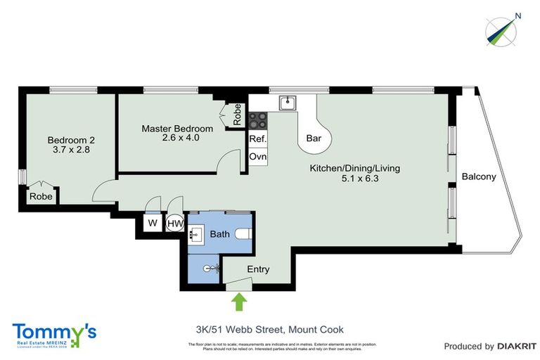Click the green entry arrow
[240, 302]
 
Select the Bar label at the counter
[314, 139]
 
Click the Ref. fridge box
[257, 139]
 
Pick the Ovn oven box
[257, 156]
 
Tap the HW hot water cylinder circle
[174, 224]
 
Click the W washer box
[152, 224]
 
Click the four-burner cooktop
[257, 120]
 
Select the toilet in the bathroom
[242, 235]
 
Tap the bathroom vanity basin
[196, 235]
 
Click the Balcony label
[478, 177]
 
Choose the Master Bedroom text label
[177, 129]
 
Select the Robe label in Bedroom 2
[39, 198]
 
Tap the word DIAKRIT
[517, 346]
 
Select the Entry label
[257, 269]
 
